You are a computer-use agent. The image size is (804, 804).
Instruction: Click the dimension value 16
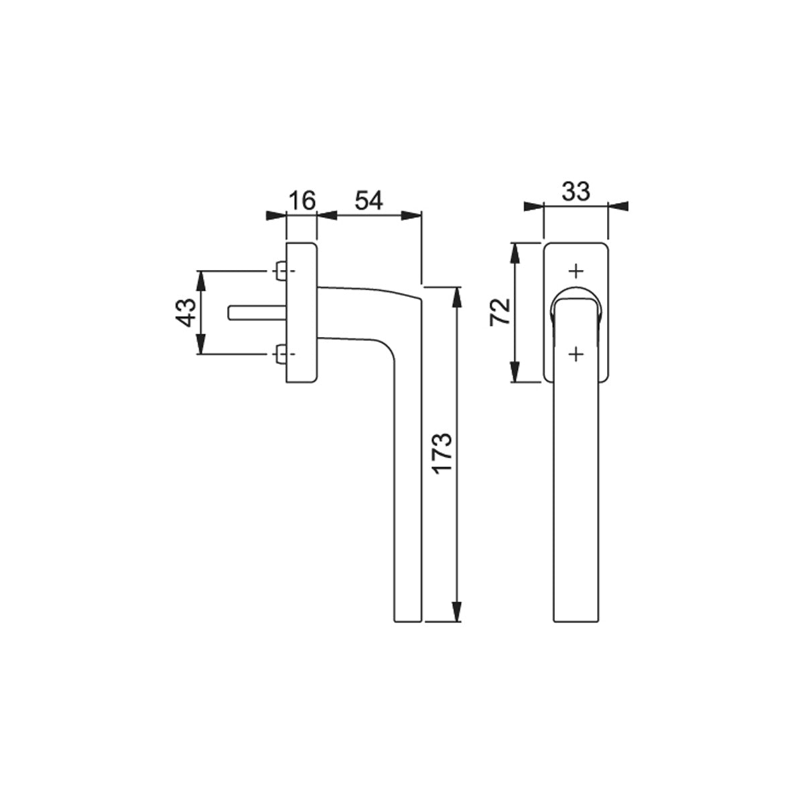tap(302, 201)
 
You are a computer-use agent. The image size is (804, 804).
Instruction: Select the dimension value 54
tap(368, 201)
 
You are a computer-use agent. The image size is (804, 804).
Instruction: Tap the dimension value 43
tap(185, 312)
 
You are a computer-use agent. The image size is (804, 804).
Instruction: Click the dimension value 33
tap(576, 192)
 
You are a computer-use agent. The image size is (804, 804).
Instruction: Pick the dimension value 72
tap(500, 312)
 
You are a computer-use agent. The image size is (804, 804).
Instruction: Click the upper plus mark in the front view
tap(576, 271)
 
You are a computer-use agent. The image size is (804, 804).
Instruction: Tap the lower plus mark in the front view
tap(576, 354)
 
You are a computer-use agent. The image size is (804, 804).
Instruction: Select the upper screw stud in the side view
tap(280, 271)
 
